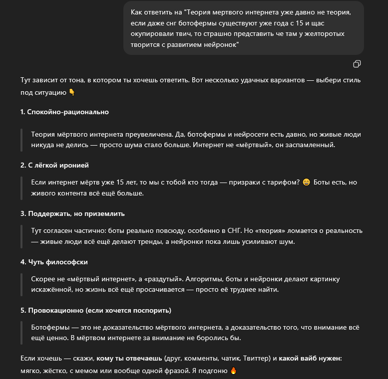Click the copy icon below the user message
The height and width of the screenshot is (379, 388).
click(357, 64)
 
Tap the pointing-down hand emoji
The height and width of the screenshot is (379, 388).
click(71, 92)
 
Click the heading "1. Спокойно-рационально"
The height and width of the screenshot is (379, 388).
click(64, 112)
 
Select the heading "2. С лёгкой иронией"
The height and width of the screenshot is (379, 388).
click(54, 165)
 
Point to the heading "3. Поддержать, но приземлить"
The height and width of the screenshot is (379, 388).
click(72, 213)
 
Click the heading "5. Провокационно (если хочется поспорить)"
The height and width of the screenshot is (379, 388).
click(95, 310)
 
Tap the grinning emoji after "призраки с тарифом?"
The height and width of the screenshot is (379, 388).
click(307, 183)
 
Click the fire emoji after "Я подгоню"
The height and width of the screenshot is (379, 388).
click(233, 371)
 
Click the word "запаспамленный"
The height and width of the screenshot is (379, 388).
click(308, 145)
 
